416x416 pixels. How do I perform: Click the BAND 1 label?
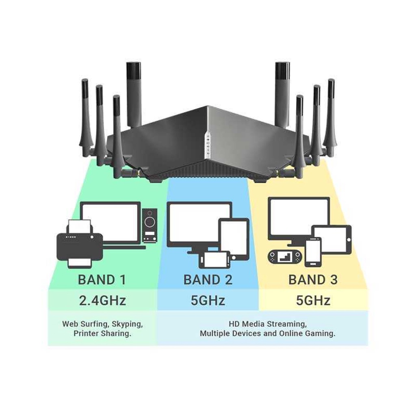tap(102, 280)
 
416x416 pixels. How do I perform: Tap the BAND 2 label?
tap(208, 280)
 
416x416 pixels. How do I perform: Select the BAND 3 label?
tap(313, 280)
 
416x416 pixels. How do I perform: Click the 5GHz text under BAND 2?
tap(208, 301)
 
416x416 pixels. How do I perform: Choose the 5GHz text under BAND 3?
tap(313, 301)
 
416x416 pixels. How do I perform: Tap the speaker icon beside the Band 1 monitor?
tap(150, 225)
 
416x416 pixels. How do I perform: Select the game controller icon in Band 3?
tap(285, 257)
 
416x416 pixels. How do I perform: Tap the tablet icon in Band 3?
tap(331, 240)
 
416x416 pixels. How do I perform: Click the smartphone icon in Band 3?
tap(313, 252)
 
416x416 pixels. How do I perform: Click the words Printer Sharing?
tap(102, 334)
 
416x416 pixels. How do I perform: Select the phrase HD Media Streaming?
tap(267, 324)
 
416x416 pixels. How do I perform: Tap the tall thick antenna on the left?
tap(133, 93)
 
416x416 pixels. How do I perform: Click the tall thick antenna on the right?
tap(282, 93)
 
